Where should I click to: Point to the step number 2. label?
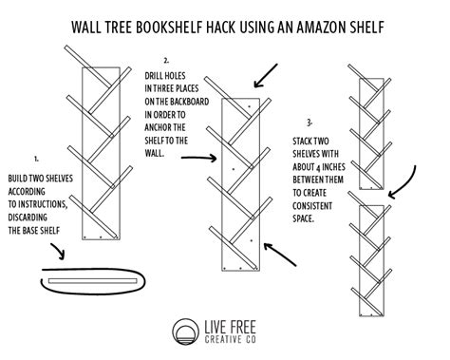(x=167, y=59)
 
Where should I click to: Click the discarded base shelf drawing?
(x=98, y=283)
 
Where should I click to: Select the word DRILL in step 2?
(x=157, y=73)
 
